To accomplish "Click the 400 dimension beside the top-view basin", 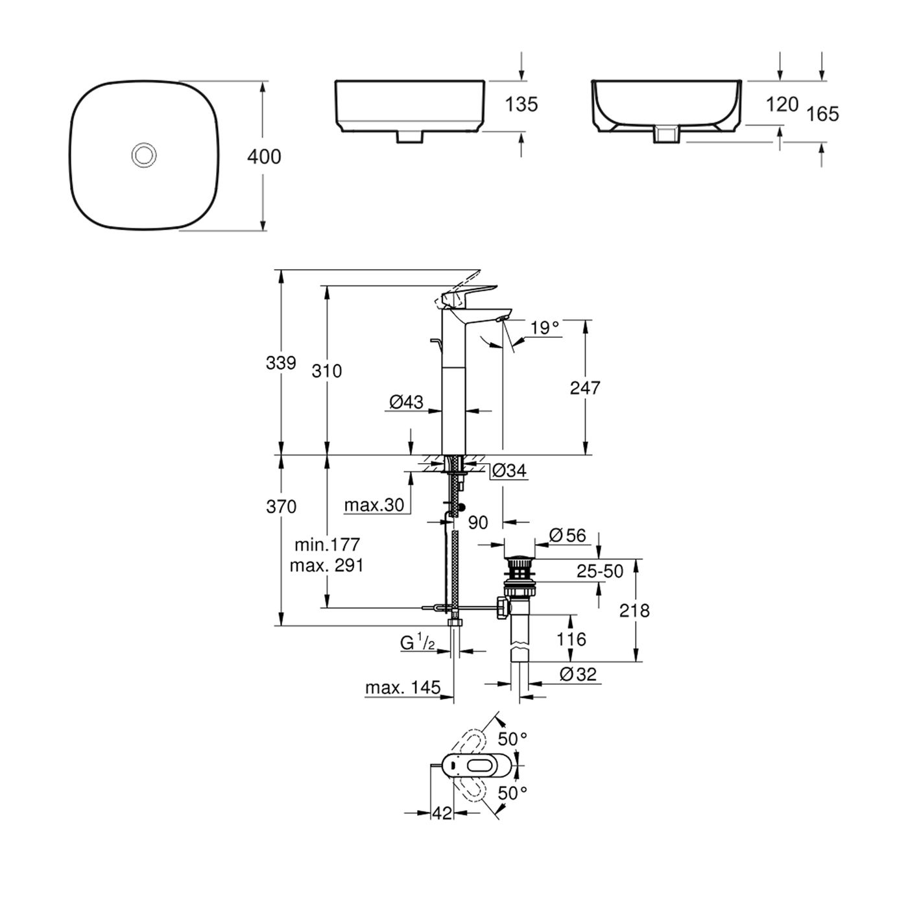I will point(265,156).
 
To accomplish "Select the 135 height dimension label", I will point(521,104).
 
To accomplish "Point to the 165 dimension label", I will point(822,114).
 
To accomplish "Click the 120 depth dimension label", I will point(782,104).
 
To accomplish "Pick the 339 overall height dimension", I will point(281,363).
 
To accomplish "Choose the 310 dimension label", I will point(326,371).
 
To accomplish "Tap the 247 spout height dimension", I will point(585,388).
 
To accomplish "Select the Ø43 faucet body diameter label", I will point(407,402).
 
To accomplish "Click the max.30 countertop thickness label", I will point(374,505).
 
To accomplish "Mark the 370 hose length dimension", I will point(281,506).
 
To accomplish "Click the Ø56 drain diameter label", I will point(567,535).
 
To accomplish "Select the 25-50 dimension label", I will point(600,571).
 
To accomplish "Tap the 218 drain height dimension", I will point(634,610).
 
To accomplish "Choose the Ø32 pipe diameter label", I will point(577,675).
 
